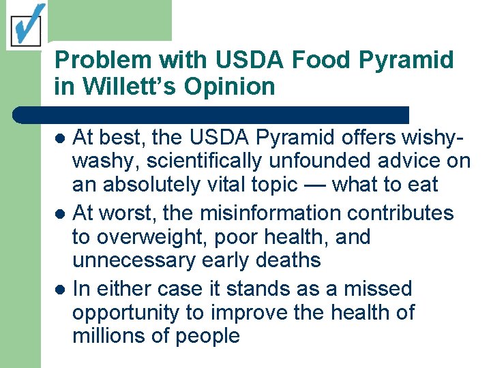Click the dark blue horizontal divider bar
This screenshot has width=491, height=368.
pyautogui.click(x=211, y=114)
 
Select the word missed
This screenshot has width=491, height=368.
pyautogui.click(x=378, y=289)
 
